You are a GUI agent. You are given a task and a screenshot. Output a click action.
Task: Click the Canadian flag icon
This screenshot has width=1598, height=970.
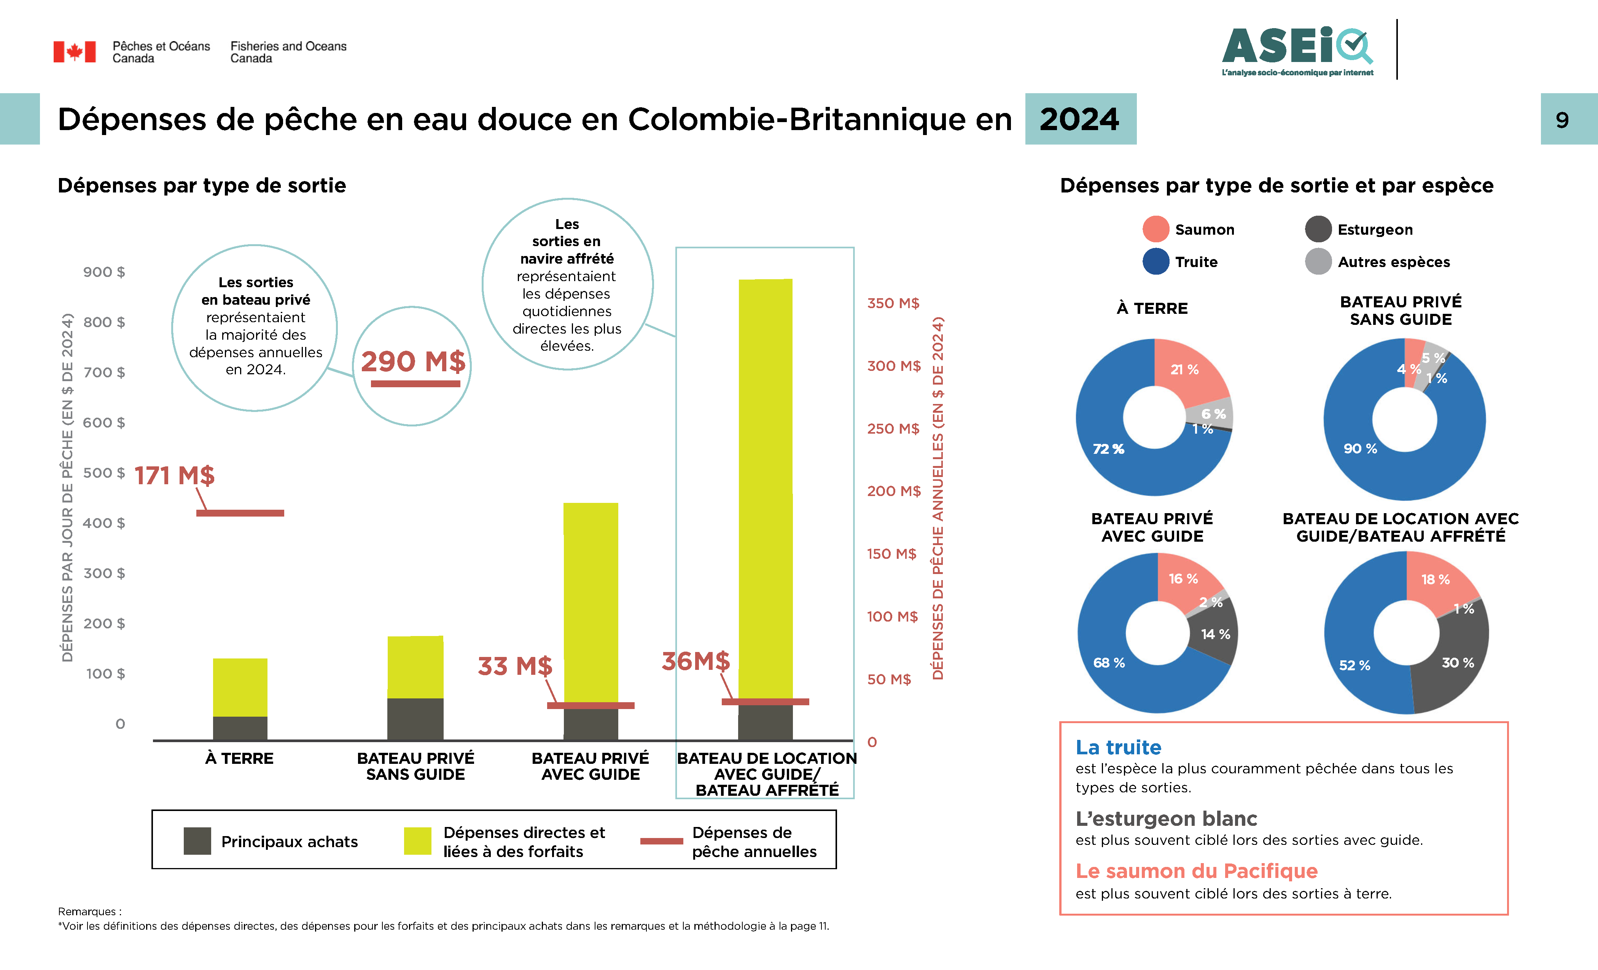75,52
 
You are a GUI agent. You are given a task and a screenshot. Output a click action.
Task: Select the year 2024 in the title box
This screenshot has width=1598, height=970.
1080,119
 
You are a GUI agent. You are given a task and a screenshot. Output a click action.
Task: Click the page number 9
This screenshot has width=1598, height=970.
1562,120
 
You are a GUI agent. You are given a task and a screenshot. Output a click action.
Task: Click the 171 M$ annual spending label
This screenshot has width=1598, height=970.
175,475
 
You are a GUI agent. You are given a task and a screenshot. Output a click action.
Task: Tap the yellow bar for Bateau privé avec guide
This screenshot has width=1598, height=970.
590,603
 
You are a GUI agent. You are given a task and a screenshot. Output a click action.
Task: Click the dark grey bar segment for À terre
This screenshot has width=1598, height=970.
240,727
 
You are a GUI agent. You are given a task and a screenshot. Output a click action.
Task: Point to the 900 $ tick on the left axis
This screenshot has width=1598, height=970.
104,272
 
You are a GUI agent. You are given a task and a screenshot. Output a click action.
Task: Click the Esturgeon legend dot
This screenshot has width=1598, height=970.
1318,229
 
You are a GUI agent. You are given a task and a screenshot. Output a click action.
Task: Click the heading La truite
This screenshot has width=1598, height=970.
1118,747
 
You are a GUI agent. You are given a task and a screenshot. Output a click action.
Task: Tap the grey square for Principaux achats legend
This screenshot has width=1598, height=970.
197,841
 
